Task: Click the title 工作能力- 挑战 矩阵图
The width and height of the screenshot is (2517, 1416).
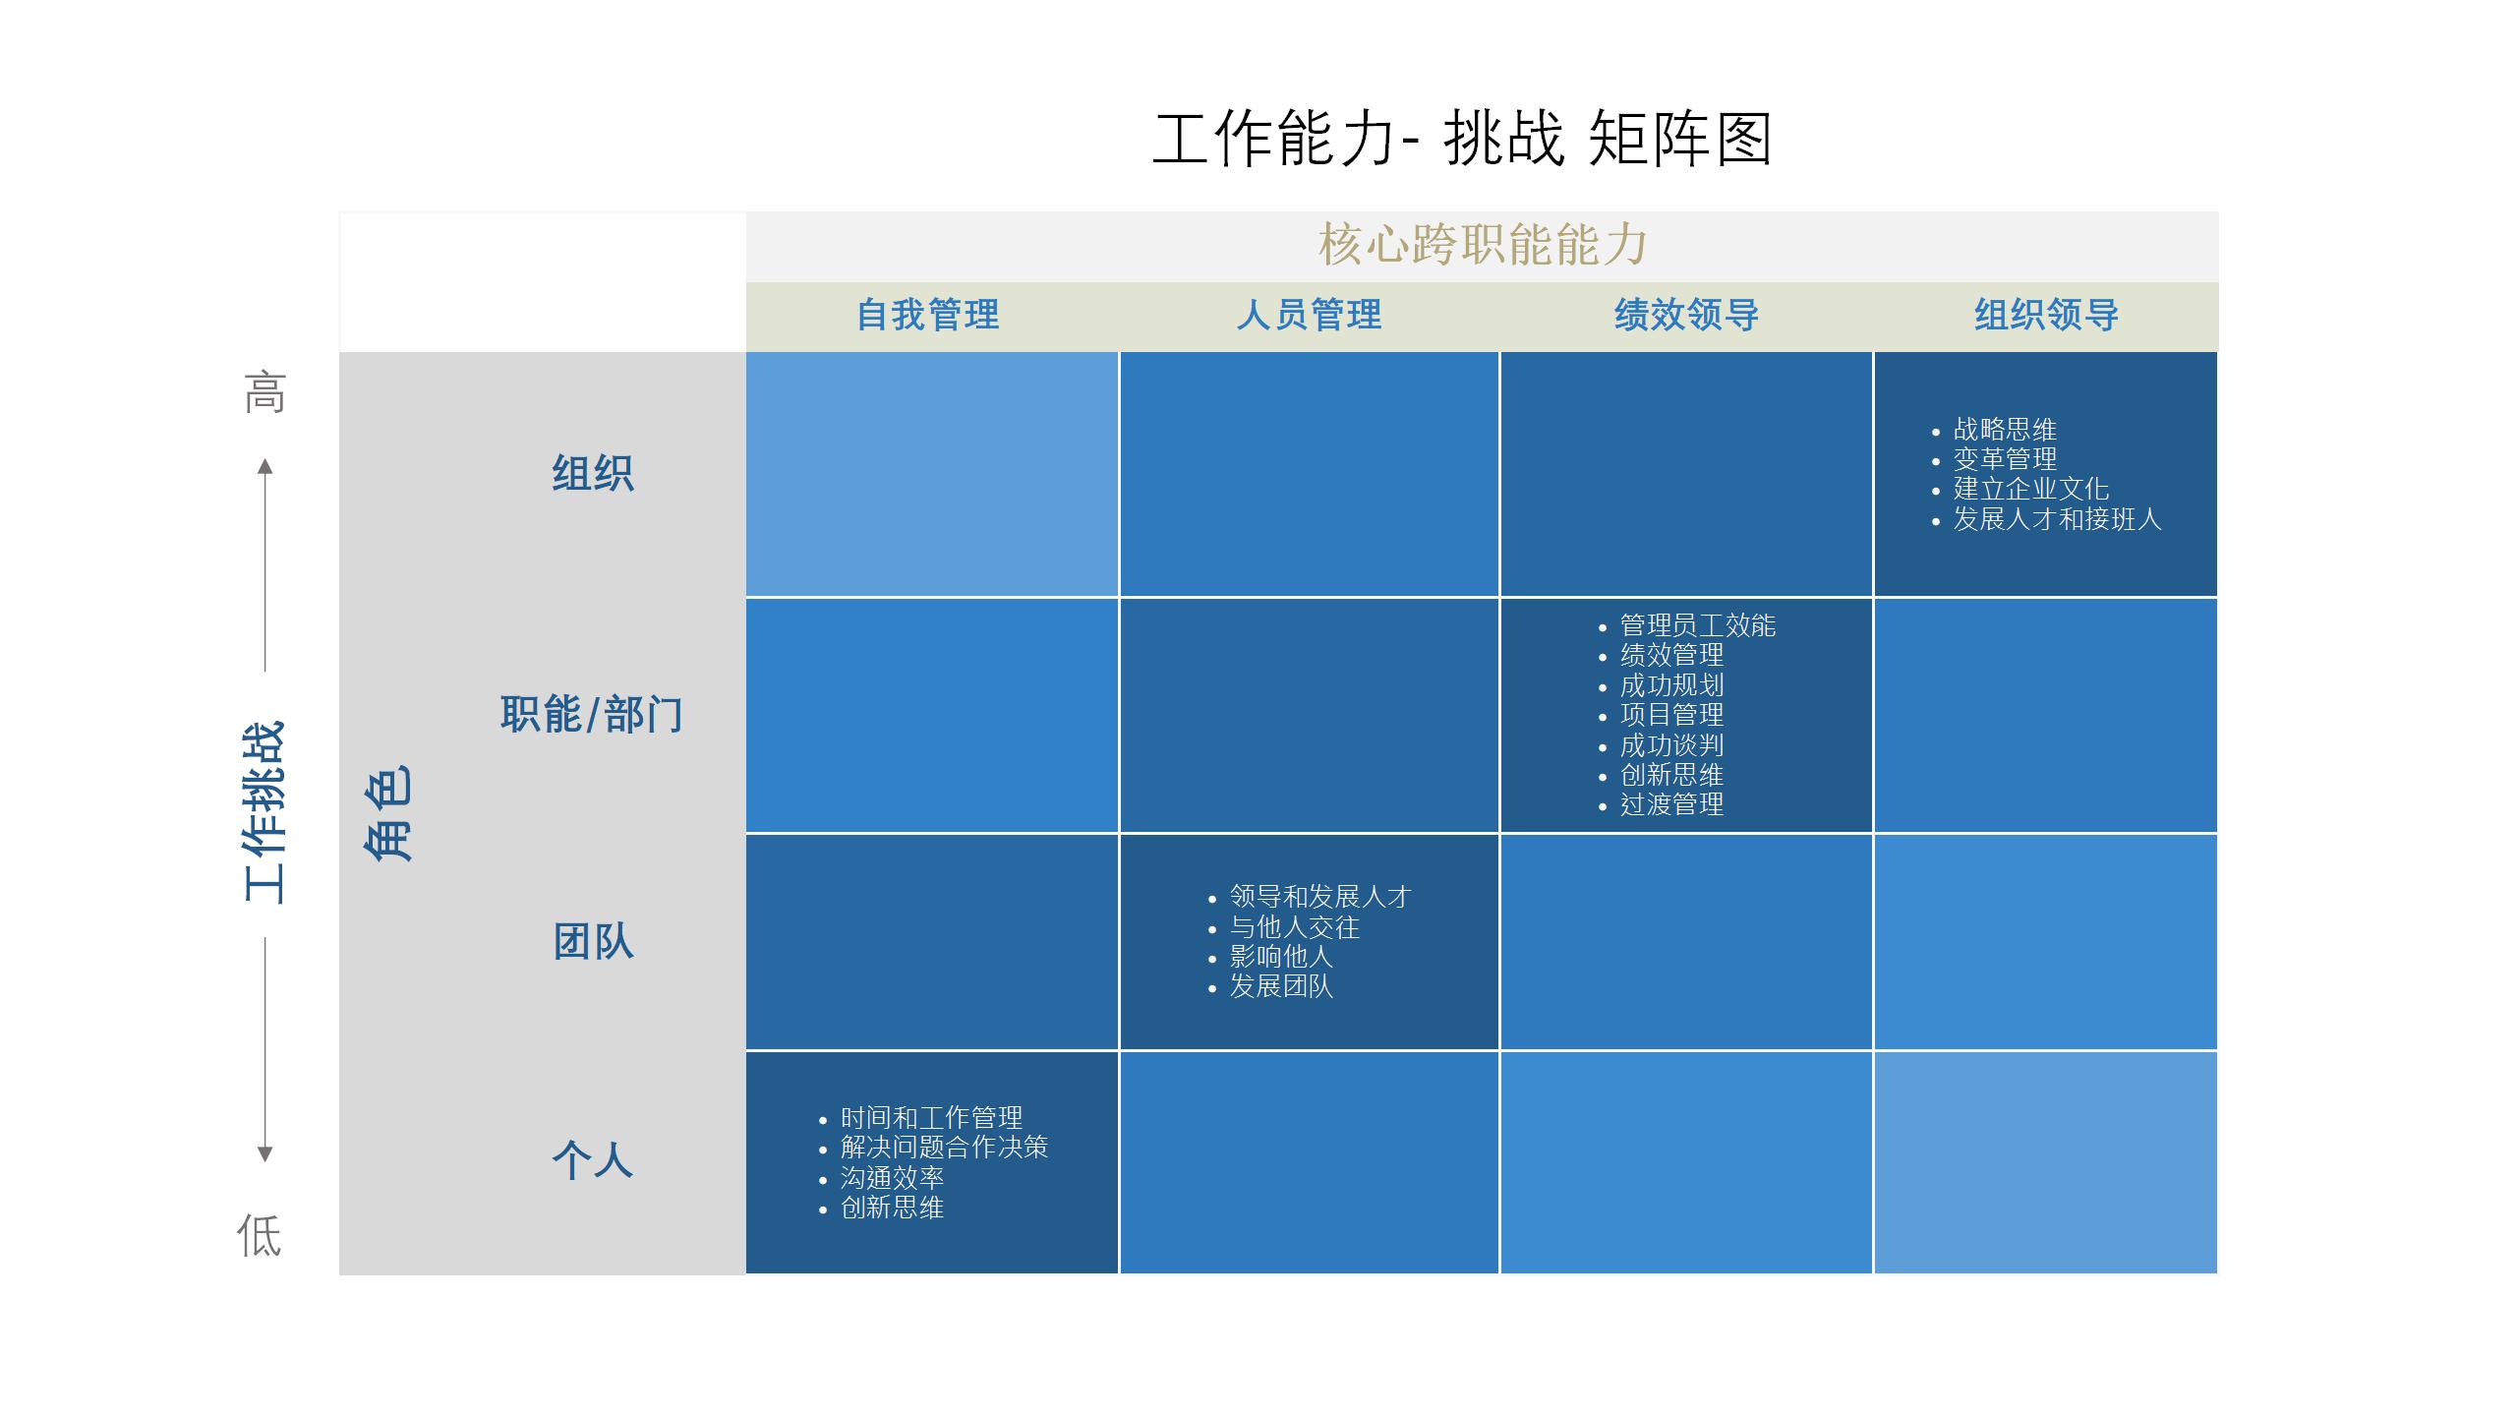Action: (1462, 139)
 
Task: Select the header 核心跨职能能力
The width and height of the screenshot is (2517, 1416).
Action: (1483, 245)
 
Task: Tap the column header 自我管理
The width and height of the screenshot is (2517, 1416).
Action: (928, 316)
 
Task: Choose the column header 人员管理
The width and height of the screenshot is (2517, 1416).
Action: (1309, 316)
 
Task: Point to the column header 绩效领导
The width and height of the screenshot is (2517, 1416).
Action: (1686, 316)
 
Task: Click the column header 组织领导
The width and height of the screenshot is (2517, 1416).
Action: (2046, 316)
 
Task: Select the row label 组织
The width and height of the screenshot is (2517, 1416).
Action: (593, 473)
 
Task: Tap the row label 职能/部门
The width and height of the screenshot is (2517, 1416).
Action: (591, 714)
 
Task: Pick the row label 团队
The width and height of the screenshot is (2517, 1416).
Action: (593, 942)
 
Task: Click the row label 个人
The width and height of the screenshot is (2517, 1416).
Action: (593, 1160)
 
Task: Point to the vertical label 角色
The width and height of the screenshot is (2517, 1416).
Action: (388, 813)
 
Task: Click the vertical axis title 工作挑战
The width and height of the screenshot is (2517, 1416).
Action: (264, 812)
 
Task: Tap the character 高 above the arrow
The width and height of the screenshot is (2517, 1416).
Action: (264, 392)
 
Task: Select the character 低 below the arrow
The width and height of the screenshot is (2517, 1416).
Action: (260, 1235)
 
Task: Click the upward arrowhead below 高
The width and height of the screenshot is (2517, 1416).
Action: (264, 466)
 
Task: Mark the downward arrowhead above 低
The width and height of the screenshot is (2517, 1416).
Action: (264, 1154)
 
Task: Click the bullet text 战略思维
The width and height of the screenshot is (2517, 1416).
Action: (2005, 430)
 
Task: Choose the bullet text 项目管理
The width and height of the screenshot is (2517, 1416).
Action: (1671, 715)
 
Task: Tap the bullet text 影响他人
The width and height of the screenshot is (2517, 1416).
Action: (1281, 957)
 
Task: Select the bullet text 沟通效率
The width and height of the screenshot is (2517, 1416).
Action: (892, 1178)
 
